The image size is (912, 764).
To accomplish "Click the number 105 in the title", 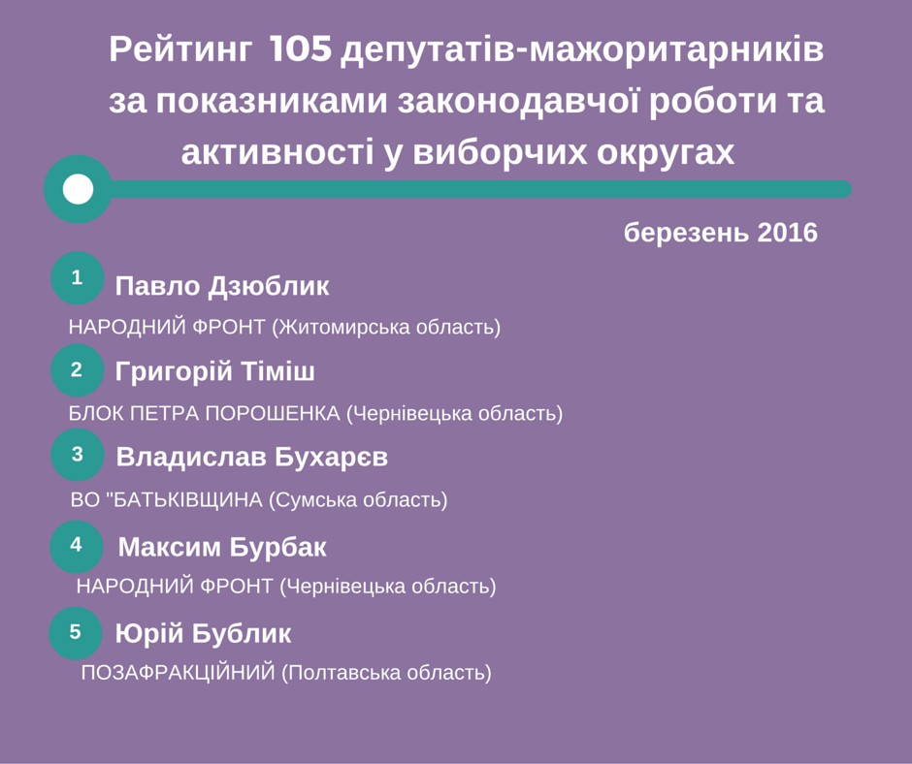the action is (x=301, y=48).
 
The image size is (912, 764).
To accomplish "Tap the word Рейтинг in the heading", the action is (x=180, y=50).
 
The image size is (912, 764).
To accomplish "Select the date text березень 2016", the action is (x=721, y=233).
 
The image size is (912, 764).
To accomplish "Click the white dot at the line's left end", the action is (x=78, y=189).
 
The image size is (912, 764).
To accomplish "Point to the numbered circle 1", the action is (x=78, y=278).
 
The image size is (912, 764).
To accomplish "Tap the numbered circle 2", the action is (x=78, y=370).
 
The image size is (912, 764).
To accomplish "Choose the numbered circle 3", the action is (x=78, y=455).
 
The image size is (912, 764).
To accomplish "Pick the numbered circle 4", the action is (x=77, y=547).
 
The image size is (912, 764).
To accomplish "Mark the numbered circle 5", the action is (x=76, y=632).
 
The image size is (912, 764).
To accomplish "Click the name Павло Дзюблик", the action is (x=222, y=286).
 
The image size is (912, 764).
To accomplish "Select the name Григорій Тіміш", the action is (x=215, y=371).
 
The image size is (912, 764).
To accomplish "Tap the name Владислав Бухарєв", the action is (x=252, y=457).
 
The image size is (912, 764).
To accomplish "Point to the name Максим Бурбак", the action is (x=222, y=548).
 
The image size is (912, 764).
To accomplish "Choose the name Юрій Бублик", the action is (x=203, y=633).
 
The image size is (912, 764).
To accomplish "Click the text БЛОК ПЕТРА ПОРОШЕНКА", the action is (x=204, y=413).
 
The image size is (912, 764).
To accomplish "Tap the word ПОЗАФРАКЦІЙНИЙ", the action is (x=178, y=673).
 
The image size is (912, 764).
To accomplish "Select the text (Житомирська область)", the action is (x=386, y=328).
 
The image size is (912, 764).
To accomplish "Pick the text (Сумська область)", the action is (x=358, y=500).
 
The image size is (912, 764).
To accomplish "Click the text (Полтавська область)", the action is (x=387, y=673).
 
